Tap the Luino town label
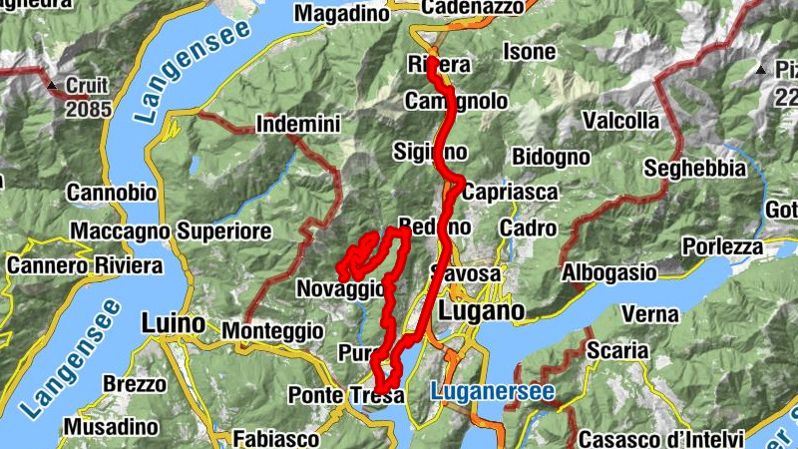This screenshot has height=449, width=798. [173, 323]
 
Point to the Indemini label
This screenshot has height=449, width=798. [298, 125]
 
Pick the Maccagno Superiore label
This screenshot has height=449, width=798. [171, 231]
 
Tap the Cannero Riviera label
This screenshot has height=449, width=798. [84, 266]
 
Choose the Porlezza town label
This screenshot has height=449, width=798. [722, 245]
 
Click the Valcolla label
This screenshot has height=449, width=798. [621, 121]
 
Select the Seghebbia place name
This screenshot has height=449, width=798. [695, 168]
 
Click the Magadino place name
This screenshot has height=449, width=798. [342, 13]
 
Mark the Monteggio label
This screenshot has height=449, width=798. [272, 329]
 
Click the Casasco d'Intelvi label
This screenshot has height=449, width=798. [661, 439]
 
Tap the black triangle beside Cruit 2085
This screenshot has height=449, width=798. [55, 85]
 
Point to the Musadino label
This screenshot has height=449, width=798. [112, 427]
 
